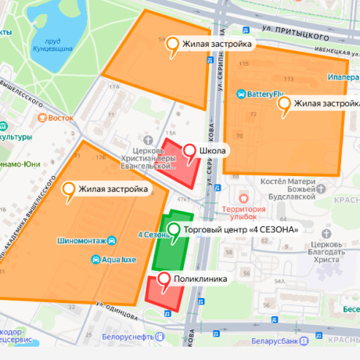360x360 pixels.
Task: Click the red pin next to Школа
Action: [189, 150]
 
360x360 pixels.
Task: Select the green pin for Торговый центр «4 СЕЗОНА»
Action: [174, 230]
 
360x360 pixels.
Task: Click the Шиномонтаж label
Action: [81, 240]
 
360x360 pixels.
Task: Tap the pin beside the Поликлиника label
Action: [164, 279]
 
